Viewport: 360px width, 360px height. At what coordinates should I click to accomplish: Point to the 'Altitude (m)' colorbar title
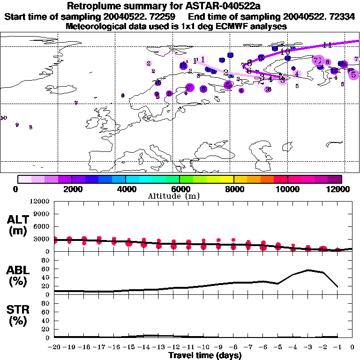coord(173,196)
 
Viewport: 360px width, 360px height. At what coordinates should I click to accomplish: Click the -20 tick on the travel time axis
coord(55,347)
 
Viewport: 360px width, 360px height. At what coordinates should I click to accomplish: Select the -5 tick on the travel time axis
coord(278,347)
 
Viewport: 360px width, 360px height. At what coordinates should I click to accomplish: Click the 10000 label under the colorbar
coord(287,189)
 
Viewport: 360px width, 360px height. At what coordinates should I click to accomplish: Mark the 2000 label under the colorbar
coord(72,189)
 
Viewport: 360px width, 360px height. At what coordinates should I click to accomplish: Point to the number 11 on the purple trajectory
coord(328,45)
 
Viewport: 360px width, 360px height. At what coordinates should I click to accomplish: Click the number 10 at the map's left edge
coord(4,118)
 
